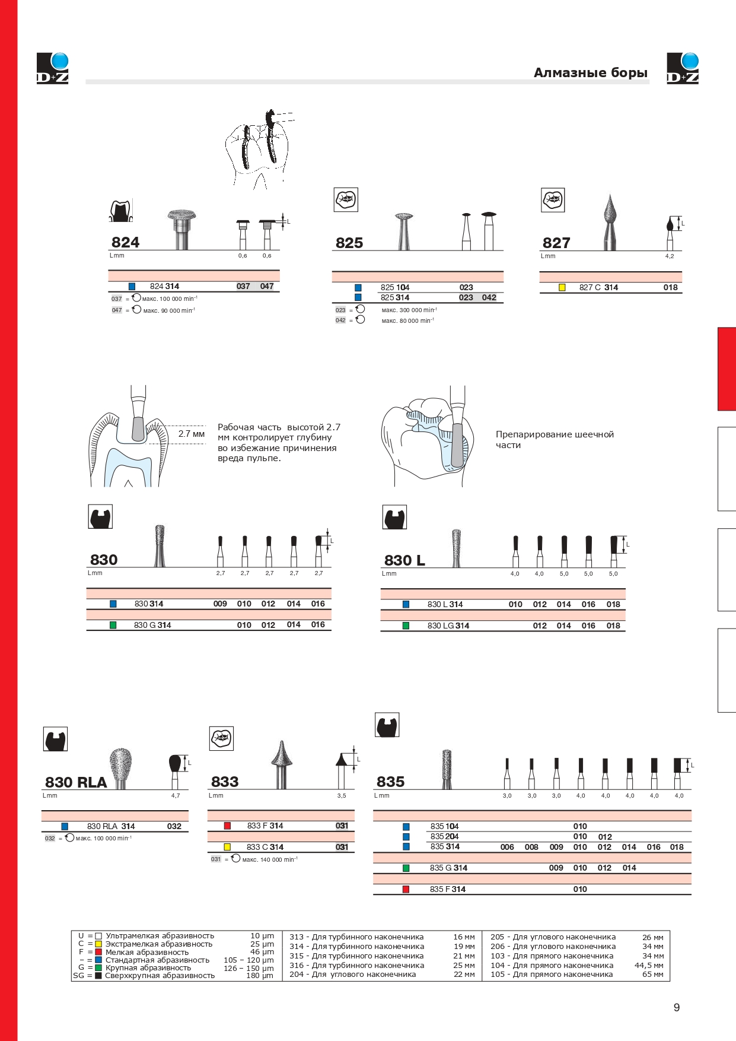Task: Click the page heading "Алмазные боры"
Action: click(x=590, y=73)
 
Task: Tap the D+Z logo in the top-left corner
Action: click(x=53, y=68)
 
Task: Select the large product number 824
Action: click(x=125, y=242)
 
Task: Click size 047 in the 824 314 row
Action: click(x=267, y=286)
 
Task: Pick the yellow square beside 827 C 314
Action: click(x=562, y=287)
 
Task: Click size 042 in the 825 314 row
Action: click(x=489, y=297)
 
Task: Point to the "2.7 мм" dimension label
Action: click(x=192, y=434)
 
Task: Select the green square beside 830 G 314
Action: click(x=113, y=625)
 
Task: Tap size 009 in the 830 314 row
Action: click(x=220, y=604)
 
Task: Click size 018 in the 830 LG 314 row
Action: click(x=613, y=626)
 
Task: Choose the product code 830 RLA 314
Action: click(x=111, y=826)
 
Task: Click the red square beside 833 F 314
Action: click(x=227, y=826)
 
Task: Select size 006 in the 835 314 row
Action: click(x=507, y=847)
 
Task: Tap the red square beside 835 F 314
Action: click(x=406, y=889)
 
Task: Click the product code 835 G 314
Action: click(x=448, y=868)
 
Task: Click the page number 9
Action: click(x=677, y=1007)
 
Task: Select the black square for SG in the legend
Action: click(x=98, y=975)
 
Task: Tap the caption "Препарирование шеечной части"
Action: click(x=555, y=439)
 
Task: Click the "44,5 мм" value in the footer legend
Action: click(x=649, y=965)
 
